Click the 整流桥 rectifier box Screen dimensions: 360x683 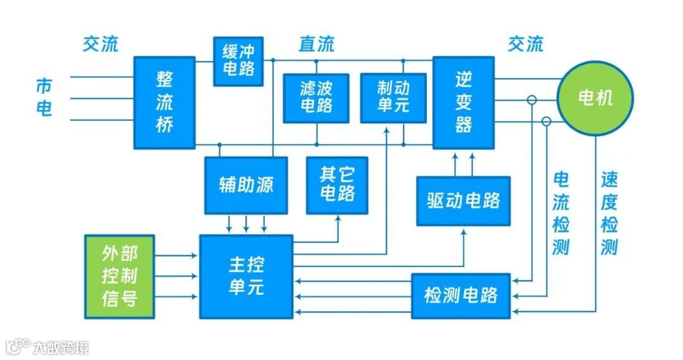click(164, 102)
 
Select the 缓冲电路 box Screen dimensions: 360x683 click(238, 61)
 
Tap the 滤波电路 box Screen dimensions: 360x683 click(316, 98)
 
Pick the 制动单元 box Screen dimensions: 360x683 click(393, 97)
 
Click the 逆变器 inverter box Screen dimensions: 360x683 click(463, 102)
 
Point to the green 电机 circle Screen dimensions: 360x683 click(595, 97)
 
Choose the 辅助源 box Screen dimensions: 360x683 click(245, 185)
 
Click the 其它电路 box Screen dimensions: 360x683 click(337, 185)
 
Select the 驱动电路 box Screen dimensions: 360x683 click(464, 201)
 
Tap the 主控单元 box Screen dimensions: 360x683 click(246, 276)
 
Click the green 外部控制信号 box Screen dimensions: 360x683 click(120, 276)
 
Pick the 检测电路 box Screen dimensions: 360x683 click(460, 295)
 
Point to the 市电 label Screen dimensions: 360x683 click(44, 97)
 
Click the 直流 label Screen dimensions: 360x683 click(316, 44)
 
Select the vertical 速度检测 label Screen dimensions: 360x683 click(609, 213)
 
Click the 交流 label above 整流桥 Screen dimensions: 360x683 click(100, 44)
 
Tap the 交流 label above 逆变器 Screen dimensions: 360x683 click(525, 44)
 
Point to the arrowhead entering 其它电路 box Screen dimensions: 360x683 click(338, 218)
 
